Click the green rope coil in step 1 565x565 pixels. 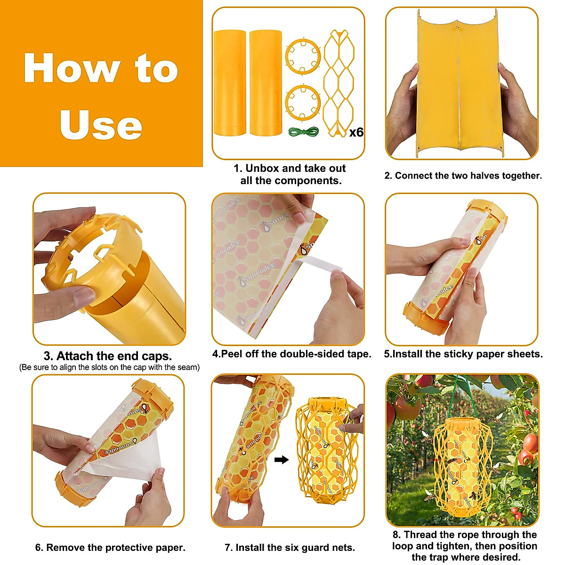tap(303, 133)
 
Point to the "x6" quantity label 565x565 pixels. tap(356, 132)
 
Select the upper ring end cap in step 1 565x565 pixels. tap(303, 56)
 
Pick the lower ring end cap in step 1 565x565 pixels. tap(303, 102)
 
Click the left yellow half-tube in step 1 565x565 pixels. tap(229, 83)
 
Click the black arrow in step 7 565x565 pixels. tap(282, 460)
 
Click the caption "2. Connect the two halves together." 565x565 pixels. tap(463, 176)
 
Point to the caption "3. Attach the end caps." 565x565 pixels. tap(108, 355)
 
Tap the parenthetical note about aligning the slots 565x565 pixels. tap(109, 367)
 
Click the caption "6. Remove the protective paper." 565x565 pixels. tap(110, 548)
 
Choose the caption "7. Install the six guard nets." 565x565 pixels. tap(290, 548)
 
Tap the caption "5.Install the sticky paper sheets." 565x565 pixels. tap(463, 354)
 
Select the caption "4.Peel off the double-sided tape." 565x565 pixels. tap(291, 354)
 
